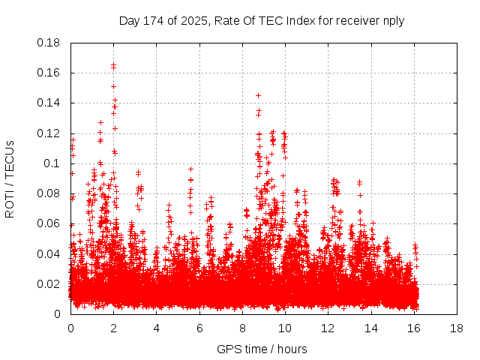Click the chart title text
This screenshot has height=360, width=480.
262,20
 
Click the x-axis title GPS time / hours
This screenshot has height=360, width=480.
262,349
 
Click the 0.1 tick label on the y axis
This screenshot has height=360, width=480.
52,163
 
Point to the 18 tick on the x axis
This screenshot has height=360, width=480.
456,328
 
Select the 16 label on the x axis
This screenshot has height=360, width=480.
413,328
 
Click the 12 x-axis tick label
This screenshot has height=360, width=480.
328,328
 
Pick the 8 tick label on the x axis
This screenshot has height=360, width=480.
242,328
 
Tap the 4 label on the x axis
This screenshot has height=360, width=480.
156,328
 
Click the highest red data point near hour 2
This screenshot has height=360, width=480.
113,64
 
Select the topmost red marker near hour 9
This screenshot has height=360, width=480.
259,95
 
